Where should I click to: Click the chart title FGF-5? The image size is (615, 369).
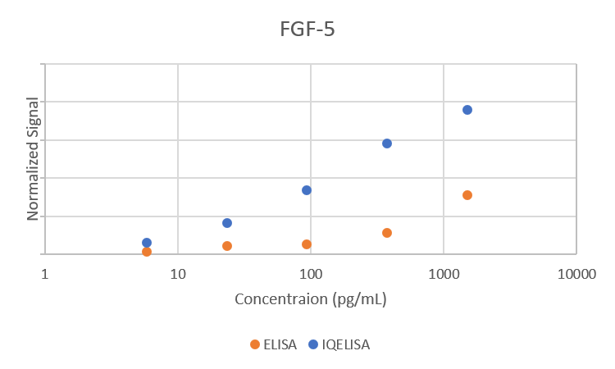coord(307,31)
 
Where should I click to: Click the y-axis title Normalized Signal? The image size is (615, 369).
coord(34,158)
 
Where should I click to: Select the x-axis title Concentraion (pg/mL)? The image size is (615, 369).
coord(310,298)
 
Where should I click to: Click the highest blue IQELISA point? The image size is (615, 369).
coord(467,110)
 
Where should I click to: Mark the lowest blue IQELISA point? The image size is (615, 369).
coord(147,243)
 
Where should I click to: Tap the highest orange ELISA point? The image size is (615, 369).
coord(467,195)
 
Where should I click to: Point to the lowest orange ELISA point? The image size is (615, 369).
coord(147,252)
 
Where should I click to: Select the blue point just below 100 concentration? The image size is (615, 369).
coord(307,190)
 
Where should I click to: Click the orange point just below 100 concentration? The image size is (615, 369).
coord(307,244)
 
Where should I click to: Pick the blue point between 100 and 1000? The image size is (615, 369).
coord(387,143)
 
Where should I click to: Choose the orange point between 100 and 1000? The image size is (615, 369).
coord(387,233)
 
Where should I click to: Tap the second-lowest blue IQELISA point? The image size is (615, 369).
coord(227,223)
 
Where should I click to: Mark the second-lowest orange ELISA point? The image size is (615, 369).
coord(227,246)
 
